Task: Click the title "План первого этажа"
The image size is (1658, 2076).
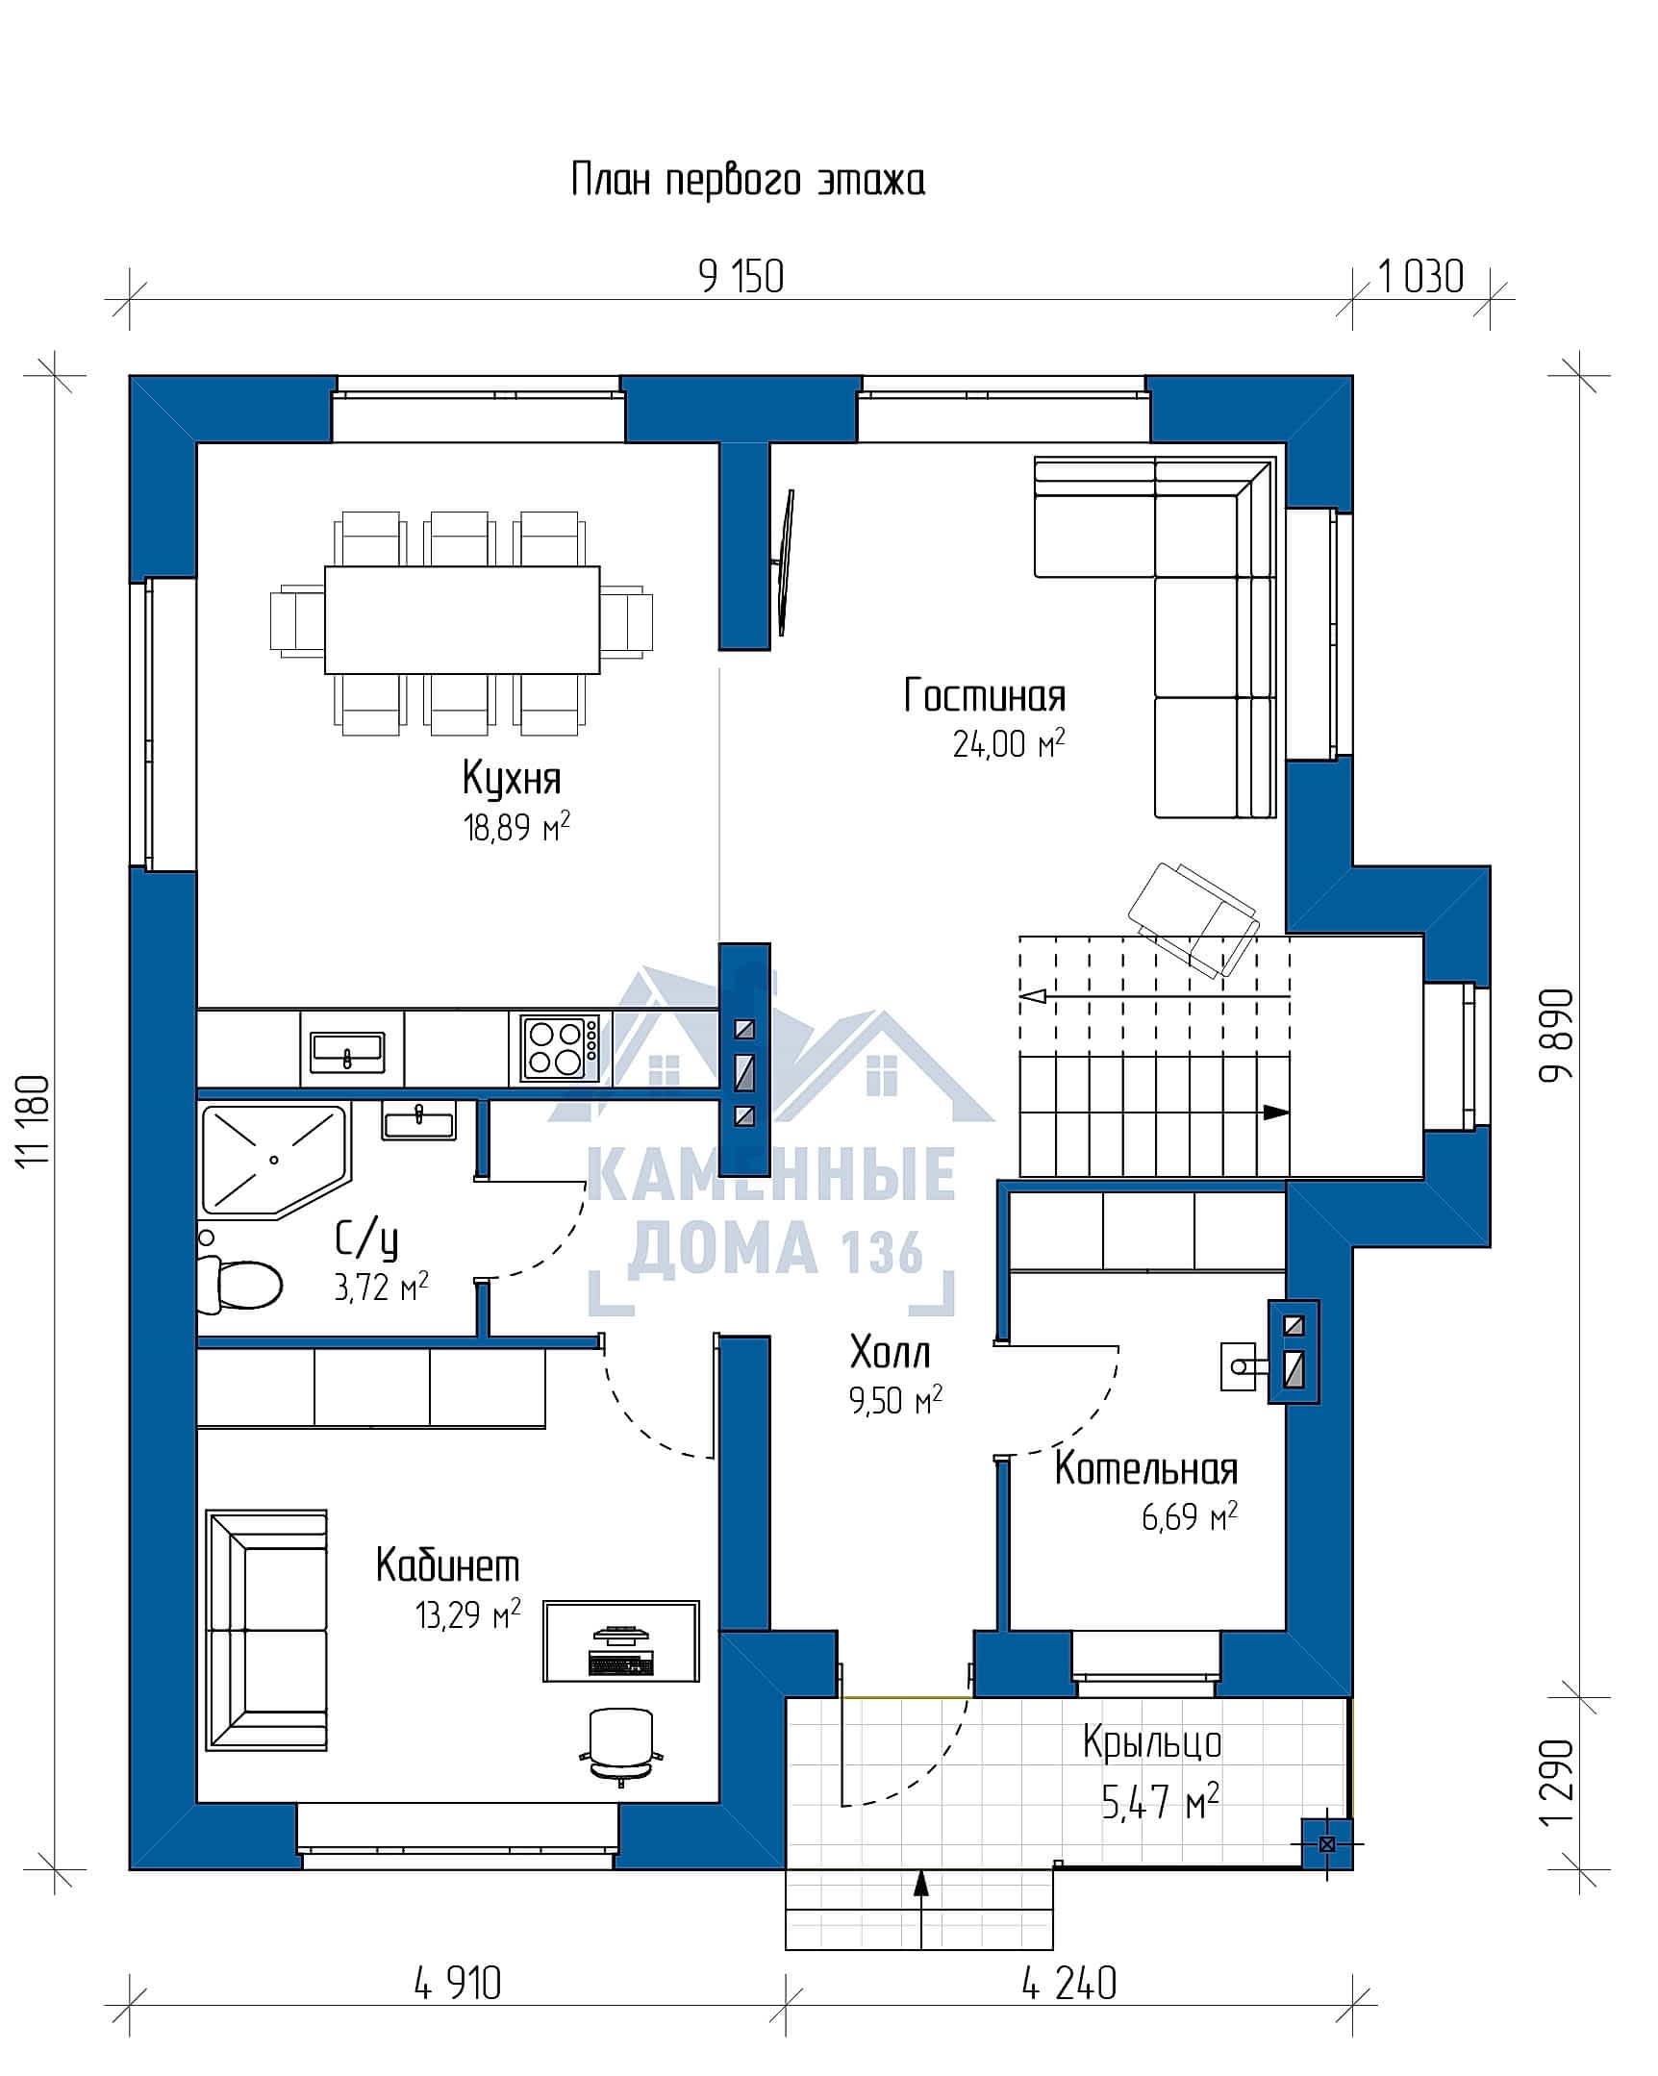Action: coord(748,180)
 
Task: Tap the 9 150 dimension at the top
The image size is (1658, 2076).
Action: coord(741,277)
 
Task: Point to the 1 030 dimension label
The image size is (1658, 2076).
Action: coord(1421,277)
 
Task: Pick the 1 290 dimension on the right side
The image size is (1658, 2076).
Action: coord(1556,1782)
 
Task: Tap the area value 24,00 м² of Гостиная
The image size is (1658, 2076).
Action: coord(1009,743)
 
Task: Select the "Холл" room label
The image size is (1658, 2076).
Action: coord(890,1353)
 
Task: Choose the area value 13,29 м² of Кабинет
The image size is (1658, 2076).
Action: coord(468,1613)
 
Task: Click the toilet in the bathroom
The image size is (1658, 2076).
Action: coord(239,1285)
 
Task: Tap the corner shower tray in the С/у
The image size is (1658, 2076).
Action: coord(273,1160)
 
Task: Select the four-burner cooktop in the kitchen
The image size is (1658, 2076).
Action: coord(560,1048)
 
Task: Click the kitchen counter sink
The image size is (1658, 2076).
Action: coord(347,1052)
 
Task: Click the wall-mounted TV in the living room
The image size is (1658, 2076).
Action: coord(785,563)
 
